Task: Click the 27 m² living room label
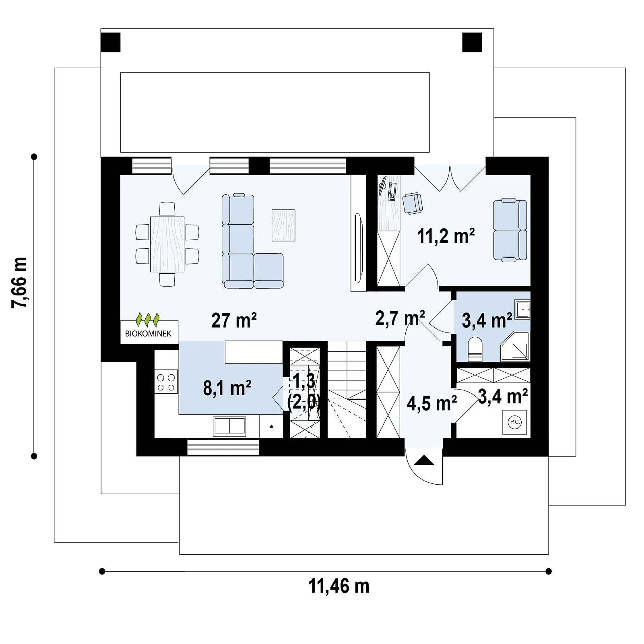(x=234, y=320)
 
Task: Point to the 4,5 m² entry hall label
(x=431, y=403)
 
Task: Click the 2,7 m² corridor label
(x=400, y=318)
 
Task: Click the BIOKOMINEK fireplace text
(x=149, y=334)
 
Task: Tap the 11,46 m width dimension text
(x=339, y=586)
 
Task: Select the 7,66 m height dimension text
(x=19, y=283)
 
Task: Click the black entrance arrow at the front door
(x=424, y=460)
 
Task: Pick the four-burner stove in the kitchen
(x=166, y=382)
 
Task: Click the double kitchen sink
(x=229, y=426)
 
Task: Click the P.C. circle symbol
(x=515, y=422)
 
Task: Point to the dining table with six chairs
(x=167, y=244)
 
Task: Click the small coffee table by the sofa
(x=283, y=225)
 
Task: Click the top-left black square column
(x=110, y=42)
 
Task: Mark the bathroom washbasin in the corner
(x=522, y=310)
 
